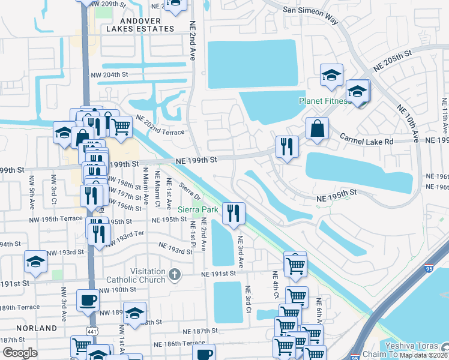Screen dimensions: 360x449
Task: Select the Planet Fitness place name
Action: [324, 101]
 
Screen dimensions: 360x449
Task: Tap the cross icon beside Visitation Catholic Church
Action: [175, 274]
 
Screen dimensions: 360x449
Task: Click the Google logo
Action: [20, 352]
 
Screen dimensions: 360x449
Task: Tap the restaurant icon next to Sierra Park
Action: [232, 212]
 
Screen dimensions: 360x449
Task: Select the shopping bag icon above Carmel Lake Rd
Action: [317, 128]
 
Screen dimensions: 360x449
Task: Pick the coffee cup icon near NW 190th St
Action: [88, 299]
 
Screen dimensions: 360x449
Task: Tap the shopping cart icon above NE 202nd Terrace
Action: [121, 126]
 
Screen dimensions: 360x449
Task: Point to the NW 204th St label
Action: [110, 74]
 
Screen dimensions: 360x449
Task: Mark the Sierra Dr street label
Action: [189, 193]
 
